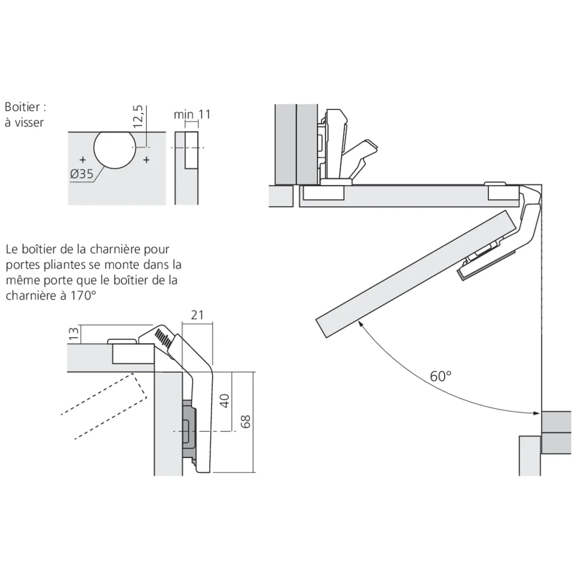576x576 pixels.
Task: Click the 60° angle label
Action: (x=441, y=376)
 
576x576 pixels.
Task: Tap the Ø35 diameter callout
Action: (x=82, y=174)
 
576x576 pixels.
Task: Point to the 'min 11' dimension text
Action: (x=192, y=114)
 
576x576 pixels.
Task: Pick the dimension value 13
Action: (x=73, y=334)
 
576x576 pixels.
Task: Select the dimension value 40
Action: (x=225, y=400)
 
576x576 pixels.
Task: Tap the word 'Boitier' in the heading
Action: (x=22, y=107)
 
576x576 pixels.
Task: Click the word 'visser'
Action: (x=29, y=122)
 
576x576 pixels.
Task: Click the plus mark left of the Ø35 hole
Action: (x=83, y=159)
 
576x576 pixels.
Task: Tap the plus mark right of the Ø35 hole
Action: (x=146, y=159)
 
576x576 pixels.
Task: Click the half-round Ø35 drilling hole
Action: (x=115, y=149)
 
